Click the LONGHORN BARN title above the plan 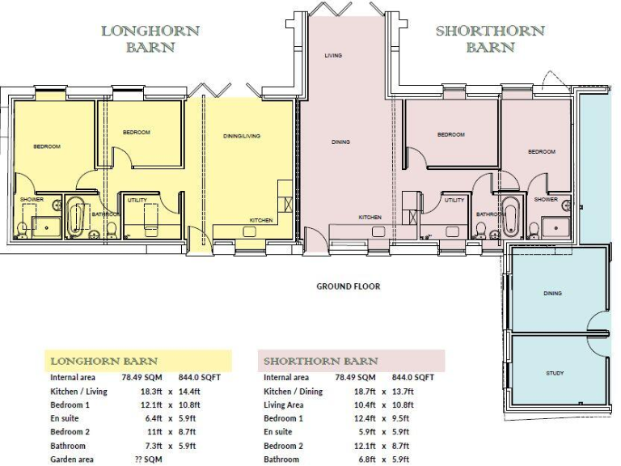coord(150,39)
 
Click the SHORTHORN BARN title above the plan coord(490,39)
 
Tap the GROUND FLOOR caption coord(348,286)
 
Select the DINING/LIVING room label coord(241,136)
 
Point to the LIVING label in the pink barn coord(333,56)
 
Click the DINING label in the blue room coord(553,293)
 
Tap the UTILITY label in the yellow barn coord(137,199)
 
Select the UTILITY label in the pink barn coord(454,200)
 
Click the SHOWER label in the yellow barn coord(32,200)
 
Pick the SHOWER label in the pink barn coord(546,200)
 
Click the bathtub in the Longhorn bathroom coord(78,218)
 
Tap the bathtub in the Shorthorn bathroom coord(510,218)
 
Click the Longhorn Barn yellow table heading coord(105,360)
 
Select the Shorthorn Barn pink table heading coord(321,360)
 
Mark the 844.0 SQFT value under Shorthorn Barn coord(412,377)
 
